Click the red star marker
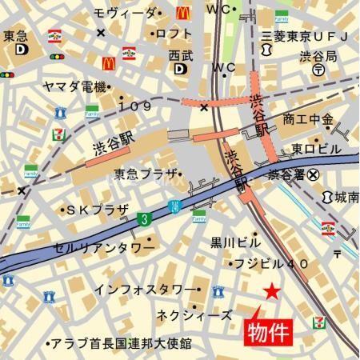point(272,292)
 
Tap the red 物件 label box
point(264,330)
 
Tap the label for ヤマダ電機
point(76,86)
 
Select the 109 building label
point(135,106)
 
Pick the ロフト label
point(172,33)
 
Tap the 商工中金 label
point(307,119)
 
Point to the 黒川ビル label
point(234,241)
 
